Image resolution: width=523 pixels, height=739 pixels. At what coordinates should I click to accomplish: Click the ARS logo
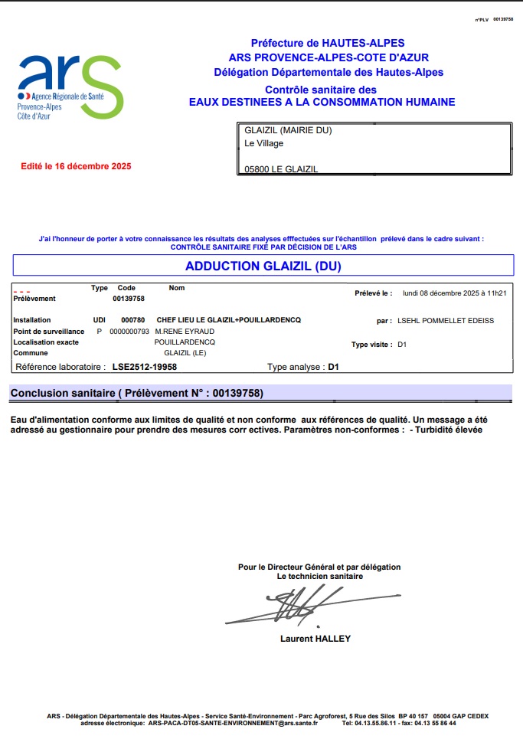tap(70, 87)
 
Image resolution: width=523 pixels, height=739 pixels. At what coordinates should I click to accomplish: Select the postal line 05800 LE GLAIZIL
tap(280, 169)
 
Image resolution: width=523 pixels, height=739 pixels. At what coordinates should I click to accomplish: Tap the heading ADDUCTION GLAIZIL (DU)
tap(263, 266)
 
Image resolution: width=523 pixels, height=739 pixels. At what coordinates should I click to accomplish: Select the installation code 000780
tap(132, 319)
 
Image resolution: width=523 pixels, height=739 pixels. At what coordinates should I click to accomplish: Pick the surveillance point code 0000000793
tap(129, 331)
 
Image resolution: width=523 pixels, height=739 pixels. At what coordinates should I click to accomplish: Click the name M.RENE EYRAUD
tap(184, 331)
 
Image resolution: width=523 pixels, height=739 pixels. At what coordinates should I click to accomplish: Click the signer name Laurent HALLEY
tap(315, 638)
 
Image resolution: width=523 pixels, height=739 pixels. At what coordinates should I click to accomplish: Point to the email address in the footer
tap(232, 723)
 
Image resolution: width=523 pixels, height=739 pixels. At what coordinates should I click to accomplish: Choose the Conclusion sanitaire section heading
tap(136, 393)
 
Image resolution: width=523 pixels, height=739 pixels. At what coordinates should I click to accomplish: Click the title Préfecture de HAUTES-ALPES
tap(328, 44)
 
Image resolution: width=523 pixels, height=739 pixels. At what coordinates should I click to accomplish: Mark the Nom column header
tap(177, 288)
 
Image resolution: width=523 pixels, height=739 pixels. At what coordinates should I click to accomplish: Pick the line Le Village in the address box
tap(263, 143)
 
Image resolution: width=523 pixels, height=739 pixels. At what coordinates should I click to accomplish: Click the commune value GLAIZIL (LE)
tap(185, 353)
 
